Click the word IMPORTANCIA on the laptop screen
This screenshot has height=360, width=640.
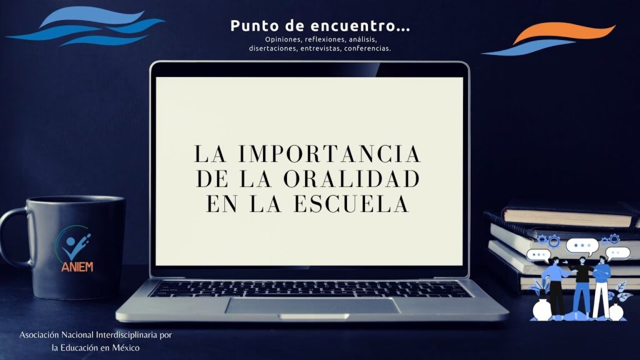[x=329, y=154]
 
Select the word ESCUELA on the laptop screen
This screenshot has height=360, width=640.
[x=351, y=204]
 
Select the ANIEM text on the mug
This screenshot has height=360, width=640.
[x=77, y=266]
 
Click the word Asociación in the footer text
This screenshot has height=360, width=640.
[x=39, y=335]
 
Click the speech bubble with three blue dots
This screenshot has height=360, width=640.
[x=582, y=246]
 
